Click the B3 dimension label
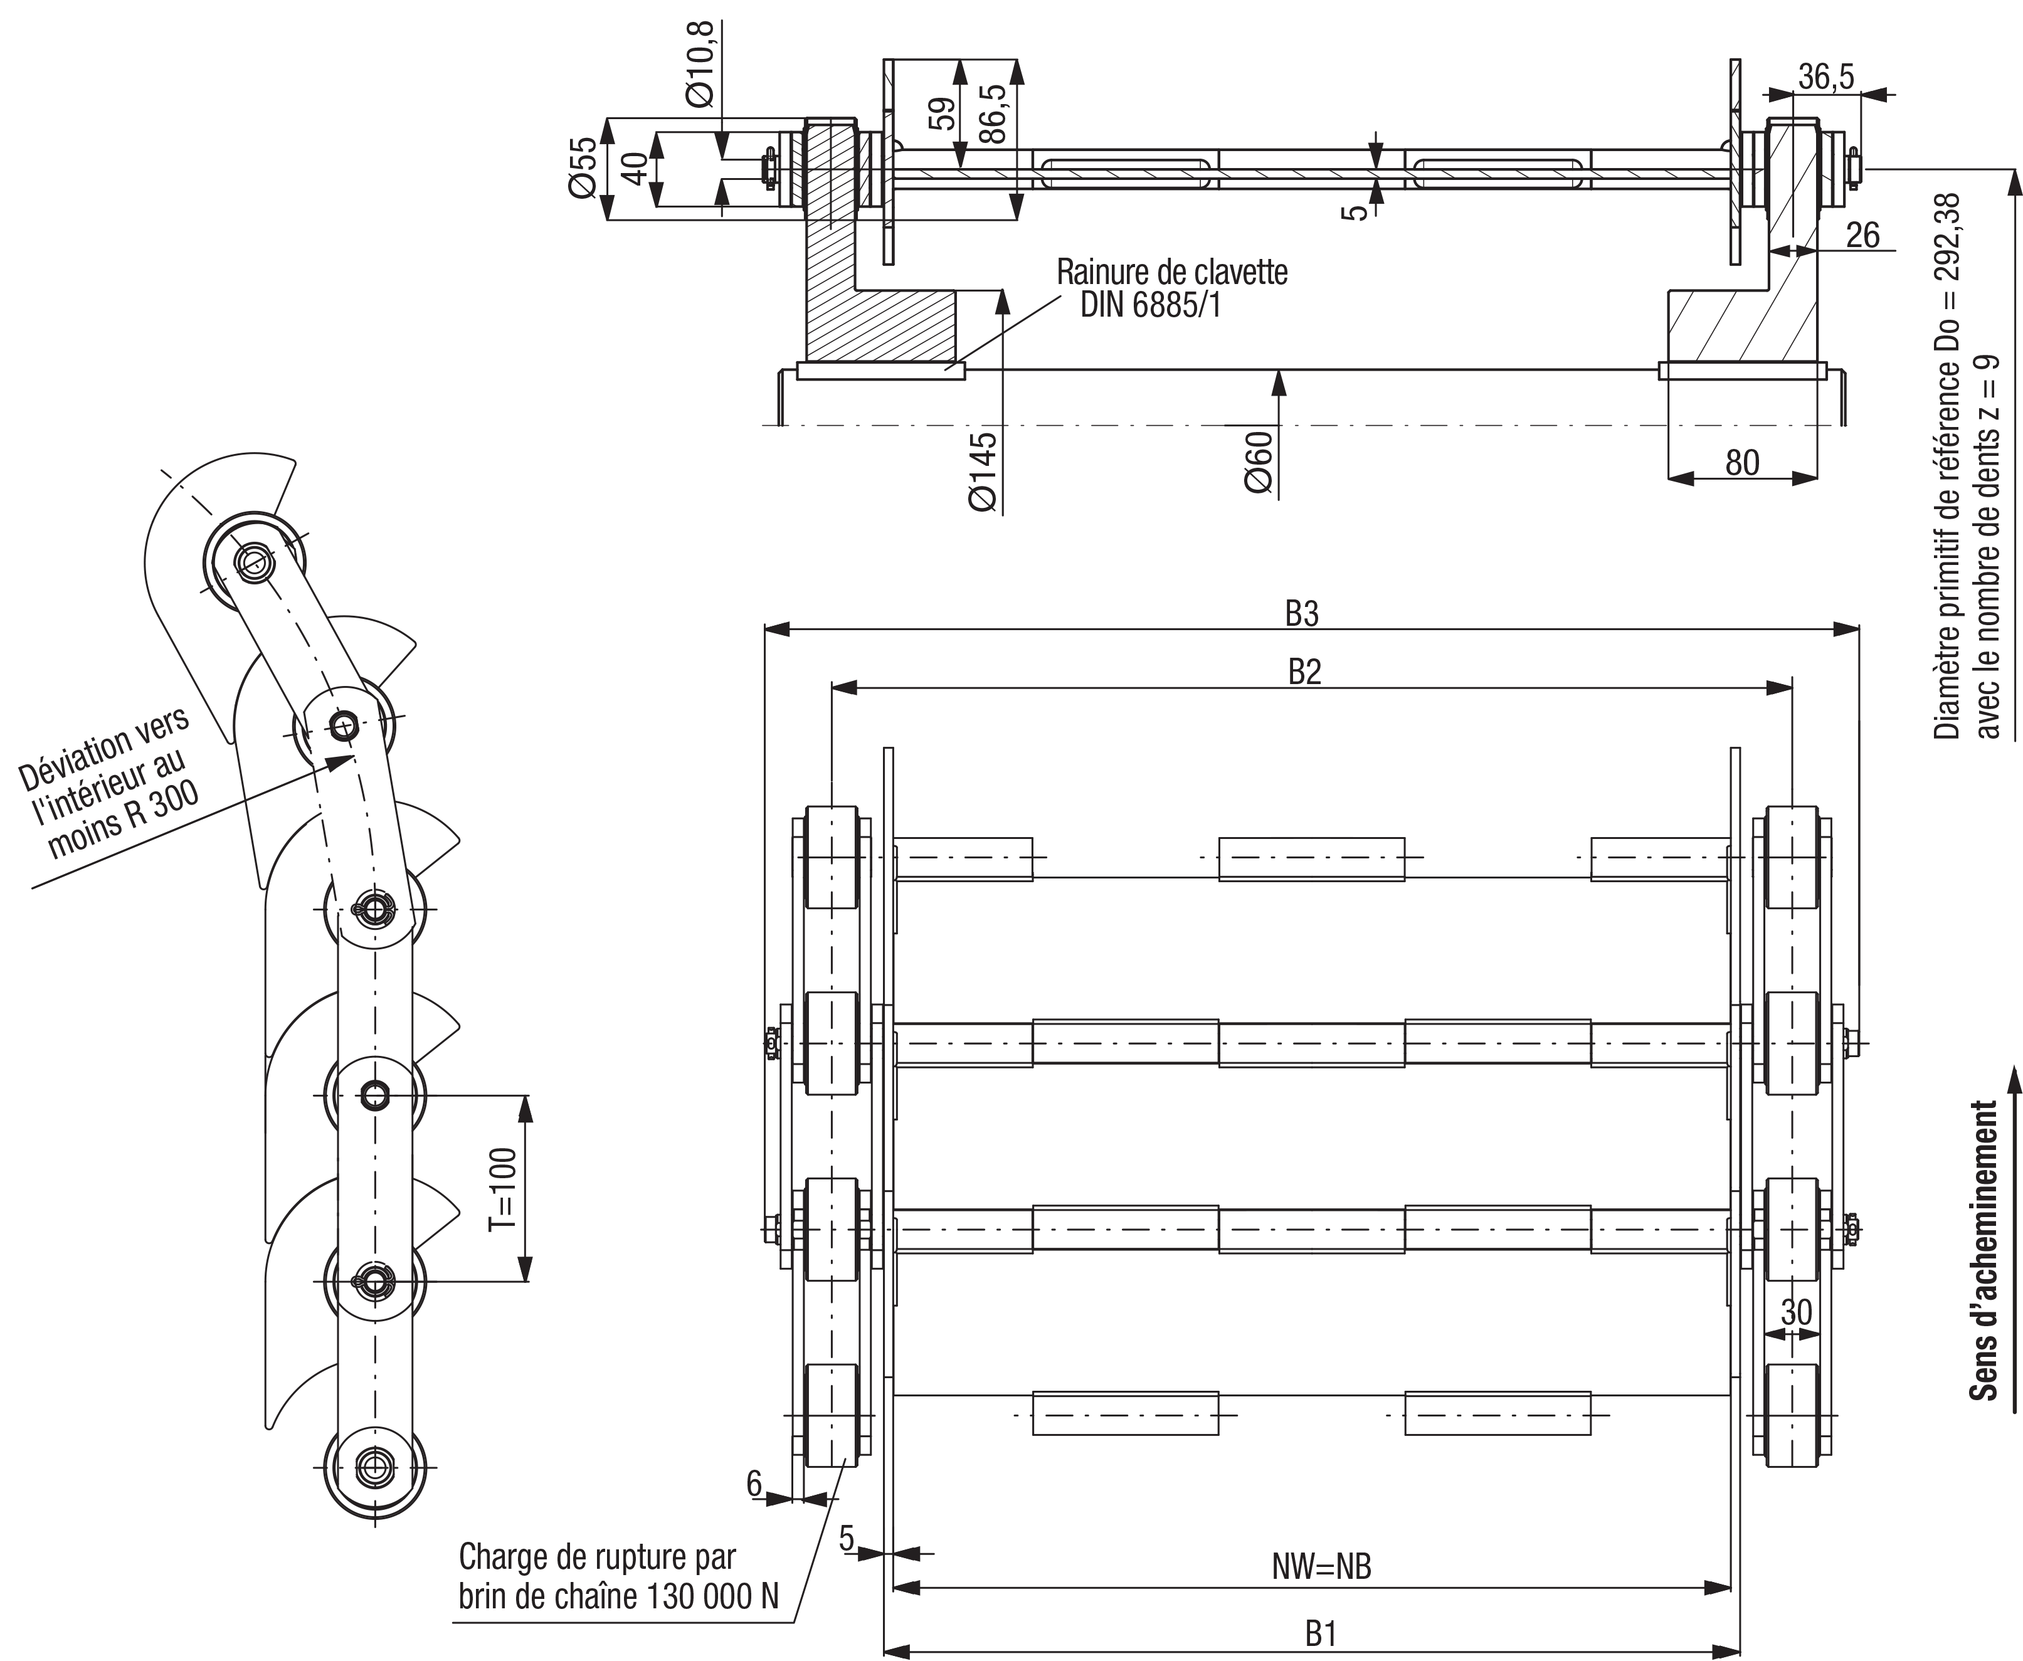click(1301, 613)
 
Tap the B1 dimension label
click(1321, 1634)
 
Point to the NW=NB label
click(1321, 1566)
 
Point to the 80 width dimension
click(1741, 463)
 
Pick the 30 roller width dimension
click(1796, 1312)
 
